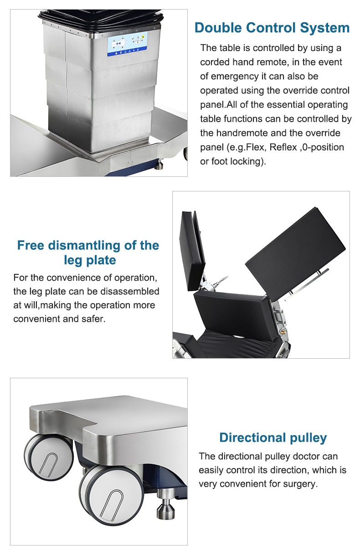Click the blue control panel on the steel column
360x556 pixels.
pos(127,44)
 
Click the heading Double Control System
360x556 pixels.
pos(272,27)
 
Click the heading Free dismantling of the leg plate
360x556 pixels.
pos(88,252)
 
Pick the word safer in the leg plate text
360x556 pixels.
pos(93,319)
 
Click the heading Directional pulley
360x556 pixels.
pos(273,438)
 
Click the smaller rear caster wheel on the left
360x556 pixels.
pos(49,458)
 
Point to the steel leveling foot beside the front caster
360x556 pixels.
pos(165,503)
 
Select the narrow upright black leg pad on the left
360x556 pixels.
pos(192,251)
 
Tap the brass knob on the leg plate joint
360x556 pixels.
pos(283,331)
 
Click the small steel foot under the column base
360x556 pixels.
pos(159,165)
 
